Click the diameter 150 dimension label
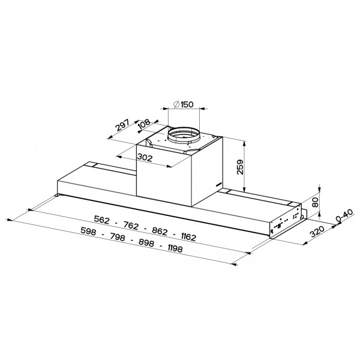(184, 104)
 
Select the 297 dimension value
(122, 125)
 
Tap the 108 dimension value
(145, 124)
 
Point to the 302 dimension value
(145, 157)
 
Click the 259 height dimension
(240, 167)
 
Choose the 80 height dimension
(316, 202)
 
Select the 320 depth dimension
(317, 232)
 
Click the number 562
(102, 220)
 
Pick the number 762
(131, 226)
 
